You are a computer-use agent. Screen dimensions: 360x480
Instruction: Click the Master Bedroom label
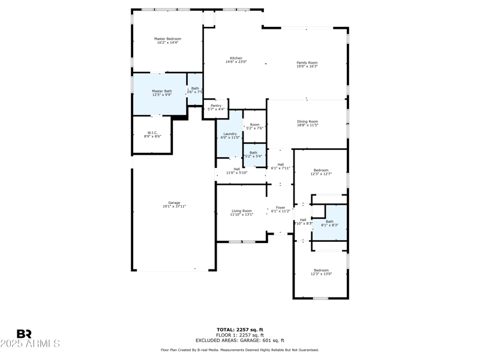point(167,39)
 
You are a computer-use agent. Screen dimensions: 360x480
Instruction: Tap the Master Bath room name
point(161,91)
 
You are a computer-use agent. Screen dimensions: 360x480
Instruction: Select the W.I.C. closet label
point(152,133)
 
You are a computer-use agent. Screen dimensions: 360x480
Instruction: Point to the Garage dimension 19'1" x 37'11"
point(174,206)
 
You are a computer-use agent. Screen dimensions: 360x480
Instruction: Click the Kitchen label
point(236,58)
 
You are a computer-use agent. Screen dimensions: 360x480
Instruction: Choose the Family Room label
point(307,62)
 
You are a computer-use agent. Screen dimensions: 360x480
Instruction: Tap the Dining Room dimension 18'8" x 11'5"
point(307,125)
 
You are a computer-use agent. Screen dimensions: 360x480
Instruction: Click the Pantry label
point(216,106)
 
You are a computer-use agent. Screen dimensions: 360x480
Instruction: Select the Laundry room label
point(230,134)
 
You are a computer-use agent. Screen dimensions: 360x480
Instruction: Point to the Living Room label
point(242,211)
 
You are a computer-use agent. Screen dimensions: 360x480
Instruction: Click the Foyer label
point(281,208)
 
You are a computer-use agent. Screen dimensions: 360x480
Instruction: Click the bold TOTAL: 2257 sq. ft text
point(239,329)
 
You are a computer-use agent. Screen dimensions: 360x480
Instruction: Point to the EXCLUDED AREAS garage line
point(239,340)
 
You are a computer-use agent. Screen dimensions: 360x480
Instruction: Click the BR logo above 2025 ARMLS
point(24,334)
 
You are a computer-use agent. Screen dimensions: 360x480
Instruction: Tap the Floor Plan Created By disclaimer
point(239,350)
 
